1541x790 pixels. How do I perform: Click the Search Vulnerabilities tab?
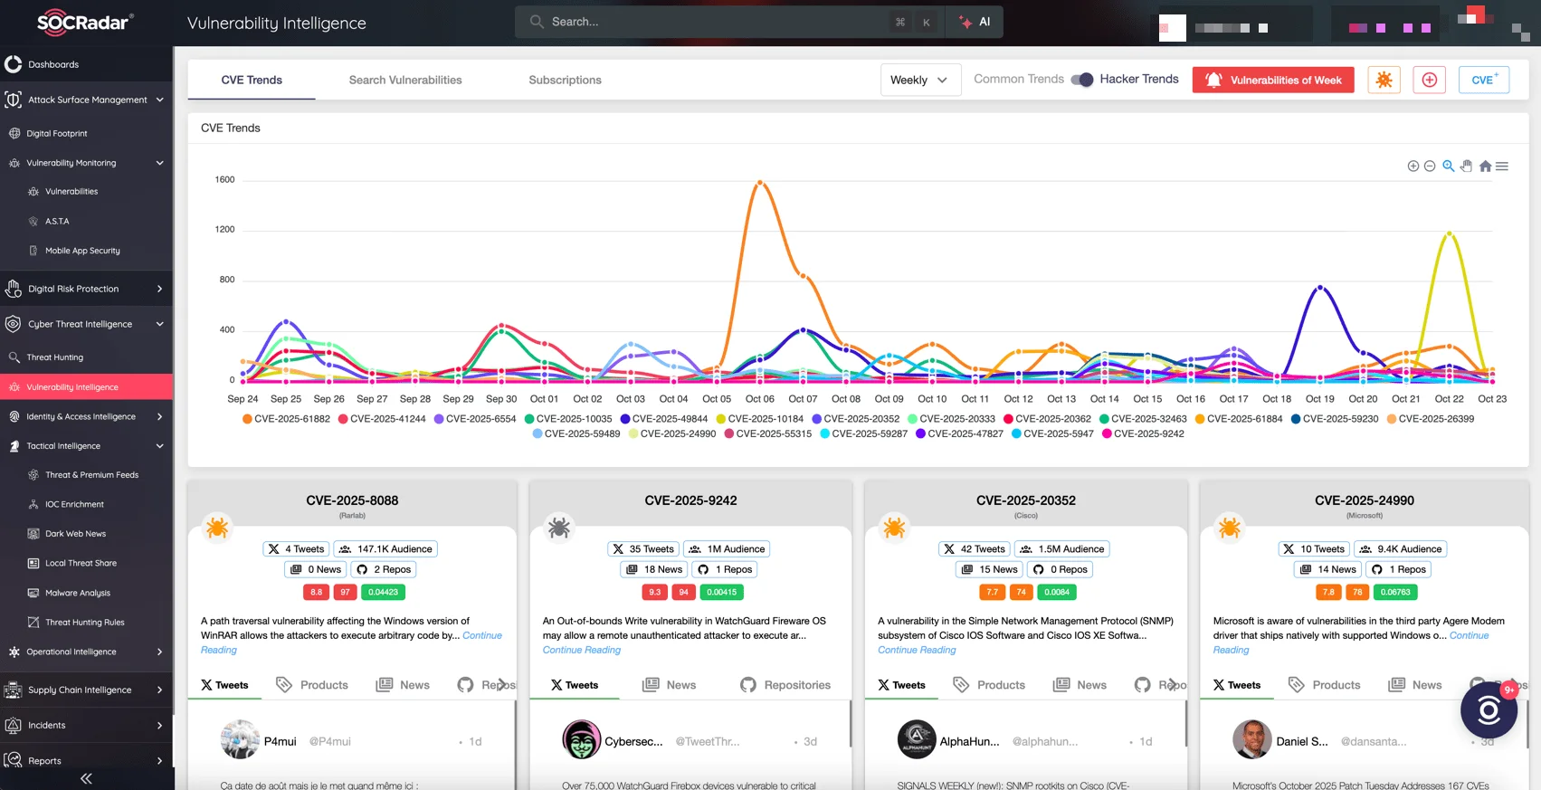point(404,80)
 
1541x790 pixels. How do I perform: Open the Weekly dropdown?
point(919,80)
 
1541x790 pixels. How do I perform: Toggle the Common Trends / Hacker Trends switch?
point(1081,80)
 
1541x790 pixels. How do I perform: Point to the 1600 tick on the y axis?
point(224,179)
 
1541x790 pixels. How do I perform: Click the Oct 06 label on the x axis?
point(759,398)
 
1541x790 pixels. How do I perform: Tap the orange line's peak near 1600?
point(760,182)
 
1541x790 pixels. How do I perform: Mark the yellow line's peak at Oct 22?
point(1449,233)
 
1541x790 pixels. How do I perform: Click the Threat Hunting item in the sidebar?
point(54,357)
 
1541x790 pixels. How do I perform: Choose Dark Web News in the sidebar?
point(75,534)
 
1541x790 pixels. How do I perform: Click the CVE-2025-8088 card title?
point(352,500)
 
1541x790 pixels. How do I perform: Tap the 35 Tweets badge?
point(643,549)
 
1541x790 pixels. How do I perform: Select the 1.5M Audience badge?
point(1062,549)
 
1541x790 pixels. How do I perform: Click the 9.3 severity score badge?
point(654,592)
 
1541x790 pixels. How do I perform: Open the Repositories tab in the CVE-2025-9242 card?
point(785,685)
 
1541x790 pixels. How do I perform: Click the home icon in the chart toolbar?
point(1485,167)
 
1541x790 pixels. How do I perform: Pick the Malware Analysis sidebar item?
point(77,593)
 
